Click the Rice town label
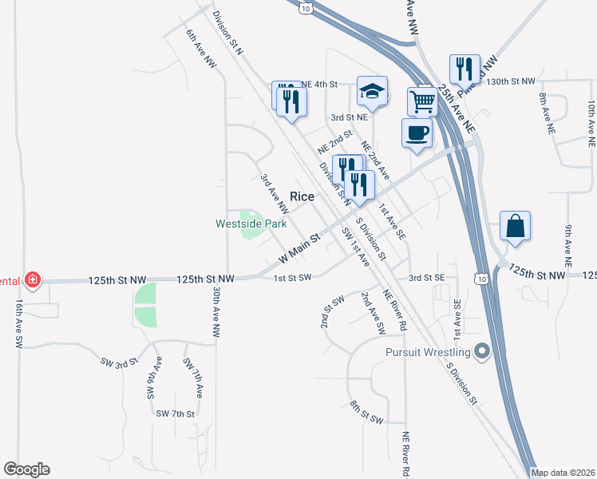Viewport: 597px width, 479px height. [302, 196]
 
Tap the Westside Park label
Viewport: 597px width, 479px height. [251, 224]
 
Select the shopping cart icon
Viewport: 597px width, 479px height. [422, 101]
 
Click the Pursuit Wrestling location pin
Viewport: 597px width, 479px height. [481, 350]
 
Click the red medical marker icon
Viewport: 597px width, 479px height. [32, 279]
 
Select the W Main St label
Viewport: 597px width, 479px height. [299, 249]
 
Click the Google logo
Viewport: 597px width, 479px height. [26, 469]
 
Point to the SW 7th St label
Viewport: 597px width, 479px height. [176, 414]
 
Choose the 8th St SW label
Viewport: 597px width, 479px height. [366, 413]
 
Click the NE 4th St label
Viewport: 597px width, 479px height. [321, 83]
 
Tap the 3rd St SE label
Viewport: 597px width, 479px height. [426, 277]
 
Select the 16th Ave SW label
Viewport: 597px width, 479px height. [18, 323]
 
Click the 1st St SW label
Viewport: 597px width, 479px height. [291, 278]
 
